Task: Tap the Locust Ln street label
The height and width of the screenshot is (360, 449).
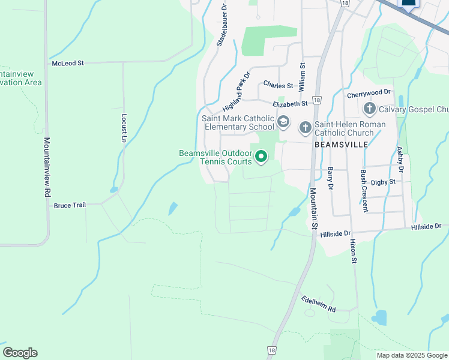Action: point(124,127)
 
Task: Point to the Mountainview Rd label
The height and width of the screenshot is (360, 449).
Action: point(46,168)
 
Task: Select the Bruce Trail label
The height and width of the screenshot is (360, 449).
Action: point(70,205)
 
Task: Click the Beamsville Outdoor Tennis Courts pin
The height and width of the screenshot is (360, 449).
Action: point(261,157)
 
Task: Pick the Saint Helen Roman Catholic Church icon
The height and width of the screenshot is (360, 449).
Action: point(305,127)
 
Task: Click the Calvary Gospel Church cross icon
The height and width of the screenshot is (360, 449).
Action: point(369,109)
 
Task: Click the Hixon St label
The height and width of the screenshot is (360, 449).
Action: point(354,250)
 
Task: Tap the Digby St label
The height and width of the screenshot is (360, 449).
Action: point(382,182)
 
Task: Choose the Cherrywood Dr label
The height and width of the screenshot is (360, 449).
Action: point(369,94)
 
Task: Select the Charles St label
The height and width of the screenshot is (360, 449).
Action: point(277,86)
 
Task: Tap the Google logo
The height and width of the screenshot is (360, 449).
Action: point(20,353)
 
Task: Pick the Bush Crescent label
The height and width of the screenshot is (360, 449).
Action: point(364,190)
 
